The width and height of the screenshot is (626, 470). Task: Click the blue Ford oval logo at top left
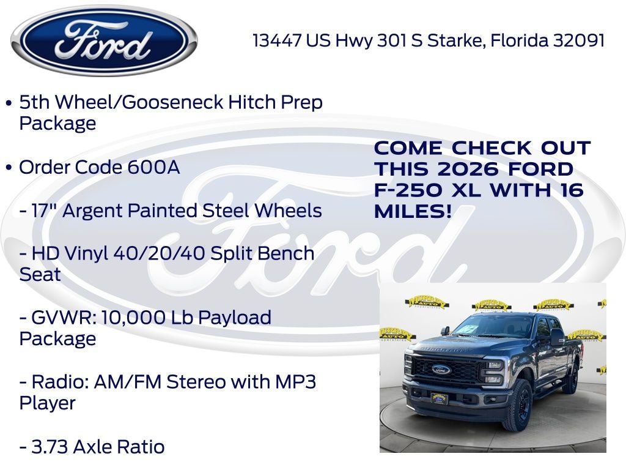click(104, 41)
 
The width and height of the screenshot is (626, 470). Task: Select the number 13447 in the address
click(277, 40)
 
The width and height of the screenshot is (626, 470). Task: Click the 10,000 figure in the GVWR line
click(133, 318)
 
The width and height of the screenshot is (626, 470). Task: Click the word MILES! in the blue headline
click(413, 212)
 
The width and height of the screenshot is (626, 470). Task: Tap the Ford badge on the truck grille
click(441, 370)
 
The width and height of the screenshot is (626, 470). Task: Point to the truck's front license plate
click(439, 398)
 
